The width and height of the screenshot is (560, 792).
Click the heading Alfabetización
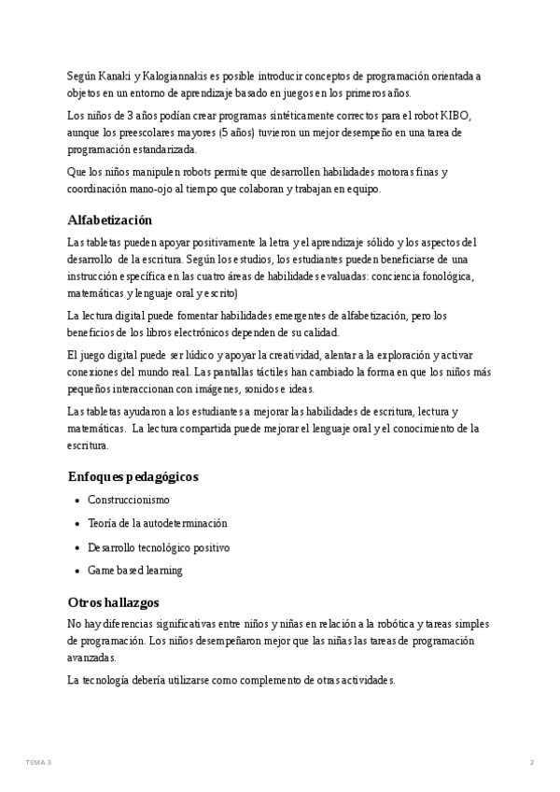click(x=110, y=220)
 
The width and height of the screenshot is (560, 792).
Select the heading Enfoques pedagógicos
click(x=133, y=476)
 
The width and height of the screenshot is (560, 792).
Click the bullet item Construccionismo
click(x=129, y=500)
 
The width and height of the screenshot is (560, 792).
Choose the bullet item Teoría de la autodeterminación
click(x=158, y=523)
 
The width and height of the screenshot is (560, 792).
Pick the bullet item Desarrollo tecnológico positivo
click(x=159, y=547)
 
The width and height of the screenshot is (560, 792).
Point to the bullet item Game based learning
click(x=135, y=571)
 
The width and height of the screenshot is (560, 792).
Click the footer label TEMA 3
click(x=38, y=763)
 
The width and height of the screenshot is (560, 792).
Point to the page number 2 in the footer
click(x=532, y=763)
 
